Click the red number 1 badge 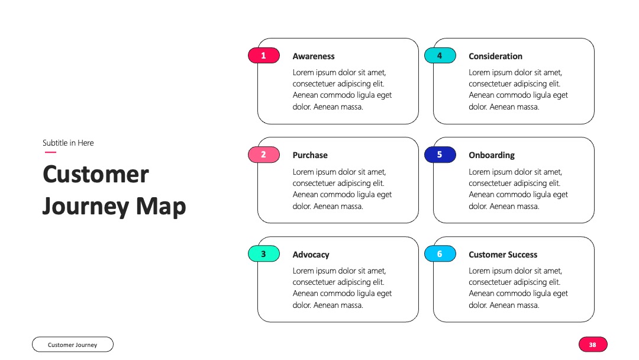point(264,56)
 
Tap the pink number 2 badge point(264,155)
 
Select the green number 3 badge point(264,253)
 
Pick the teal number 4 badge point(440,56)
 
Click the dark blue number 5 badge point(440,155)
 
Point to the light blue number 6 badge point(440,253)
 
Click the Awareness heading point(314,56)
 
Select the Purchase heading point(310,155)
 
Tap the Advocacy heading point(311,255)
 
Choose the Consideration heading point(495,56)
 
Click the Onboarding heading point(492,155)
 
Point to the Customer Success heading point(503,255)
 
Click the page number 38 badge point(593,345)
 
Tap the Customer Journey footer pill point(73,345)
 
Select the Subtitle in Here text point(68,143)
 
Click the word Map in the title point(161,207)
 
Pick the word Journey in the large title point(86,207)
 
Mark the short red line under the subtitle point(50,152)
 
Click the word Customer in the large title point(96,175)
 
